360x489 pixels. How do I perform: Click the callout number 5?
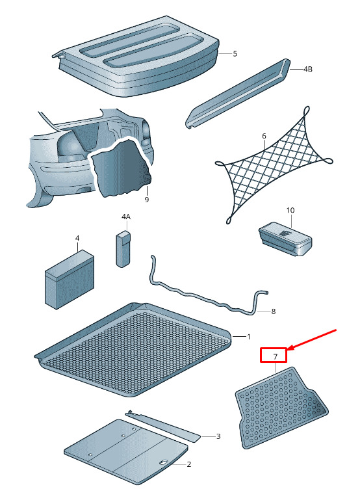(235, 53)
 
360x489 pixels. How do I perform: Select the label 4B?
(308, 69)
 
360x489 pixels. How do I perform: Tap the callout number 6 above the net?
(264, 136)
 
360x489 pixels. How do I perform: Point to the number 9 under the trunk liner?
(147, 199)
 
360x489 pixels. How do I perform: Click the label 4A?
(126, 217)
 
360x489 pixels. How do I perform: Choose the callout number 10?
(290, 210)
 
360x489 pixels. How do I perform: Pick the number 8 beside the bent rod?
(274, 311)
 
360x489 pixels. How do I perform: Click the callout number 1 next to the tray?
(249, 336)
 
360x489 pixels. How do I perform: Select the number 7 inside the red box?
(276, 356)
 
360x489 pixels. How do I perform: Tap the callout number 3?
(218, 436)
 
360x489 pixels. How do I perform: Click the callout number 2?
(189, 464)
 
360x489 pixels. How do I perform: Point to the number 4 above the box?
(77, 238)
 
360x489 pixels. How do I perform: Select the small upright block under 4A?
(123, 249)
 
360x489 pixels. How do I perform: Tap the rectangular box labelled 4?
(70, 280)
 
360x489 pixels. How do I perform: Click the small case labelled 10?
(285, 239)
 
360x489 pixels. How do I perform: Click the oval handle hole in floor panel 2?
(164, 462)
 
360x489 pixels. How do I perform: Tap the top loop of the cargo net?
(306, 111)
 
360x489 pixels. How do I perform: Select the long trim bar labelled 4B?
(238, 93)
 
